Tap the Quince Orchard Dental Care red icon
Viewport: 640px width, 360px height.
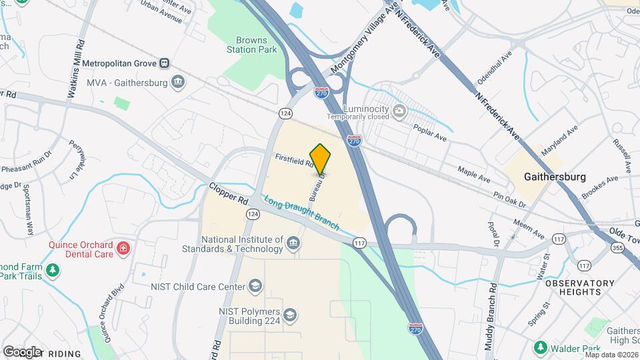click(x=123, y=249)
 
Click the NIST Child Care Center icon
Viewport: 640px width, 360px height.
click(x=255, y=287)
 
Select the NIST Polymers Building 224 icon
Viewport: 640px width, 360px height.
click(x=289, y=314)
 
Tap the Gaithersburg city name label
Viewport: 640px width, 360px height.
click(x=555, y=177)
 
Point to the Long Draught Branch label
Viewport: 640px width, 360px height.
click(x=301, y=213)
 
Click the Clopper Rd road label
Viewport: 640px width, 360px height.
click(x=228, y=193)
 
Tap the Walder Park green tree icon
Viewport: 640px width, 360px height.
click(x=541, y=348)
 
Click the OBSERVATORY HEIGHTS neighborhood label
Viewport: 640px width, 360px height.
click(x=579, y=287)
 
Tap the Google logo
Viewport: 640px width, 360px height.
click(x=22, y=351)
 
